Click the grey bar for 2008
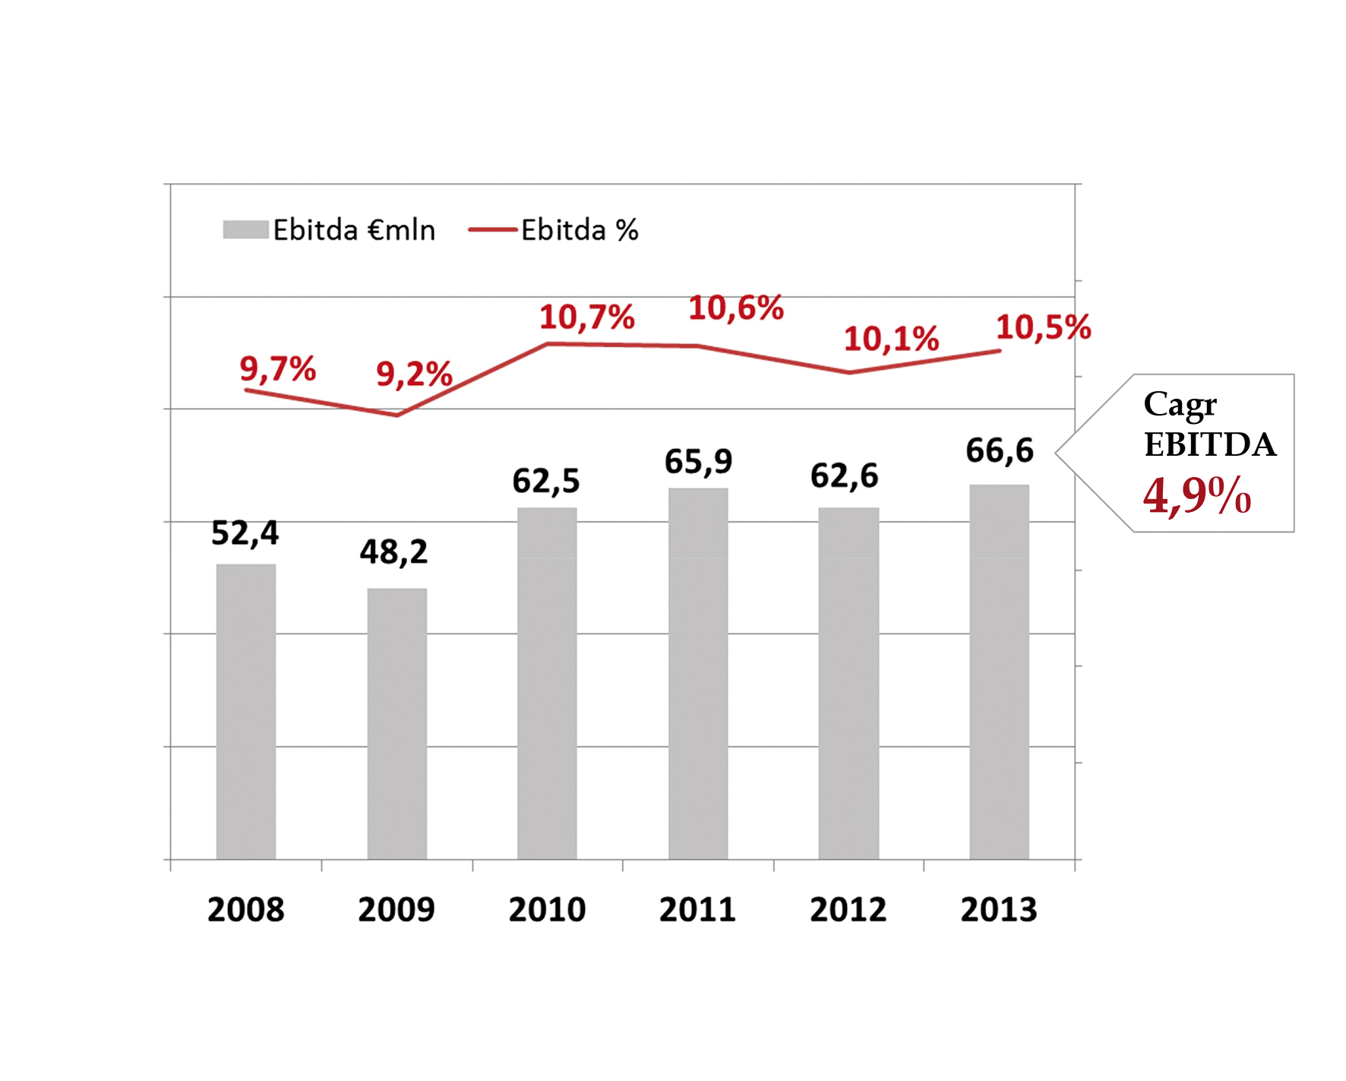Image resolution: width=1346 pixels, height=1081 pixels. (x=245, y=711)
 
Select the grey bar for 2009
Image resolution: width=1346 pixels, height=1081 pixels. (x=397, y=723)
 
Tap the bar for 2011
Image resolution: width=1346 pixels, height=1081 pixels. (x=698, y=673)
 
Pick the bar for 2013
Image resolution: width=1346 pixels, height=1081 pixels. (x=999, y=672)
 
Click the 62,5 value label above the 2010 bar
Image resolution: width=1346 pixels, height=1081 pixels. (x=545, y=481)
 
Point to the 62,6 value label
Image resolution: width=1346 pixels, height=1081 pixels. (x=844, y=476)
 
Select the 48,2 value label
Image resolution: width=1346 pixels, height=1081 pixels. (x=393, y=552)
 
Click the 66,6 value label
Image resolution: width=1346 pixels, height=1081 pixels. (x=999, y=450)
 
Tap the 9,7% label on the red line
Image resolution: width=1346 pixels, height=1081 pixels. (x=277, y=369)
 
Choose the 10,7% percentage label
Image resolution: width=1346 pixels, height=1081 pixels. (x=586, y=317)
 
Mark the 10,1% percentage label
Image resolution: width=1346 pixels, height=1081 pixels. (x=891, y=339)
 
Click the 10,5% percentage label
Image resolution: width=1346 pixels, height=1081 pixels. (x=1043, y=327)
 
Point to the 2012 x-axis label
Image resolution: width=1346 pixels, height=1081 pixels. (x=848, y=909)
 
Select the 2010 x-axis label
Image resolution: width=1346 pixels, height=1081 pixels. (x=547, y=909)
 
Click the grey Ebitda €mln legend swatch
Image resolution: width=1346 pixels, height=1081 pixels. (x=245, y=229)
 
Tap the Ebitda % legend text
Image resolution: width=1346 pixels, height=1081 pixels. (x=580, y=230)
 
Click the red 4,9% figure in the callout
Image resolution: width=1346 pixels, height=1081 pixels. (x=1196, y=496)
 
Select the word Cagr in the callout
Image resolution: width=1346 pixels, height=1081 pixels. (x=1180, y=404)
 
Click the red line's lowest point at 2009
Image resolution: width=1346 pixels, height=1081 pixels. (x=397, y=415)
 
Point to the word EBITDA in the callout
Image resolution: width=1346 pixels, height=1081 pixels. (x=1209, y=445)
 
